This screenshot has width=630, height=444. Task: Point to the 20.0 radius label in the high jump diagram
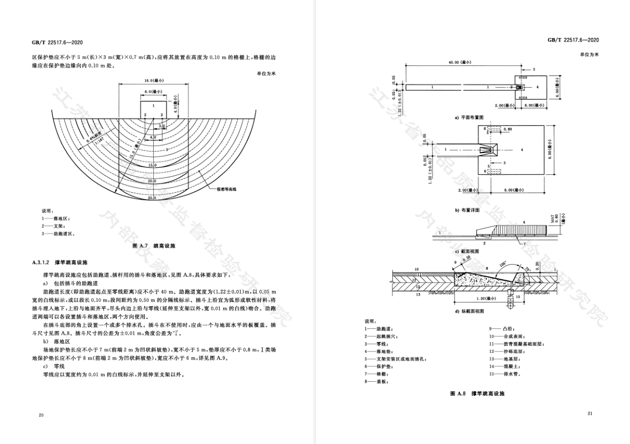(x=153, y=181)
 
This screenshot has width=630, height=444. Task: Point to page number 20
(x=41, y=415)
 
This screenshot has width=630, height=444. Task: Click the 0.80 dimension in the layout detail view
(x=508, y=129)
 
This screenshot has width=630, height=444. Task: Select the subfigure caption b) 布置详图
(x=467, y=210)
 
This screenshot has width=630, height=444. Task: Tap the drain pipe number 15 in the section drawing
(x=518, y=297)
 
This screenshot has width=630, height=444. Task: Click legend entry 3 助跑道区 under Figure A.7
(x=59, y=233)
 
